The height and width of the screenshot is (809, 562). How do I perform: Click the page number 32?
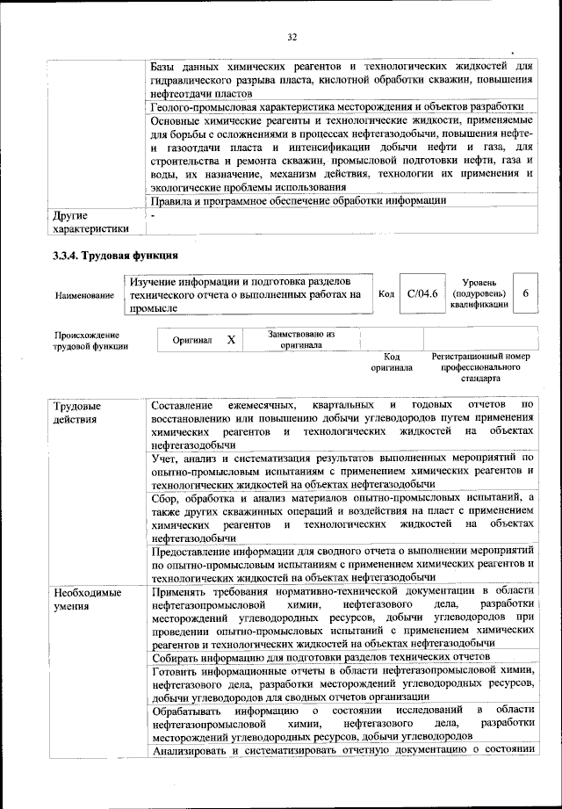[x=292, y=36]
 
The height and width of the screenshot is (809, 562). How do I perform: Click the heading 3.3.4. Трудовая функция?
[x=115, y=256]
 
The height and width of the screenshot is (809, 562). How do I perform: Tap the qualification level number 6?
[x=525, y=294]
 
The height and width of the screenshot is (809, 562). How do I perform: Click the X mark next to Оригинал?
[x=230, y=339]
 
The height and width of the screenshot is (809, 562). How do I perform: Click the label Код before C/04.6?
[x=385, y=294]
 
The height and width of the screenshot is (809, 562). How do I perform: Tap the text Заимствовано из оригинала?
[x=301, y=339]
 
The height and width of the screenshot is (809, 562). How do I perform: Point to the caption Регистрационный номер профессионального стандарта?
[x=480, y=367]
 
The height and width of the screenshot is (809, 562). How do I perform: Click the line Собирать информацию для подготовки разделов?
[x=320, y=656]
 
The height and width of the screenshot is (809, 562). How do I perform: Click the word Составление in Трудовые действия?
[x=182, y=405]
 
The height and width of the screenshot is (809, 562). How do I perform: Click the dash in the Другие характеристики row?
[x=153, y=214]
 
